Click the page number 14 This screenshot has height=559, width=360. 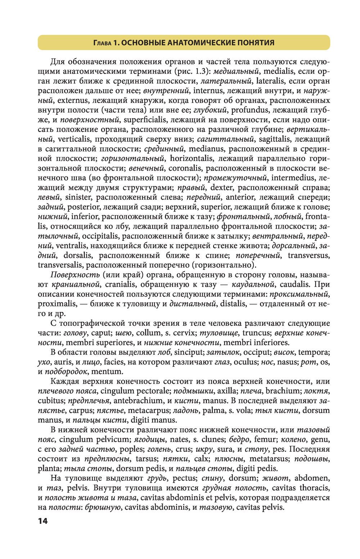tap(42, 521)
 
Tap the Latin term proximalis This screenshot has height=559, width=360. tap(57, 304)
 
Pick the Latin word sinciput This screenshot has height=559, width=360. tap(191, 352)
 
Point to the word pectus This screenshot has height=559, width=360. tap(185, 478)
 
